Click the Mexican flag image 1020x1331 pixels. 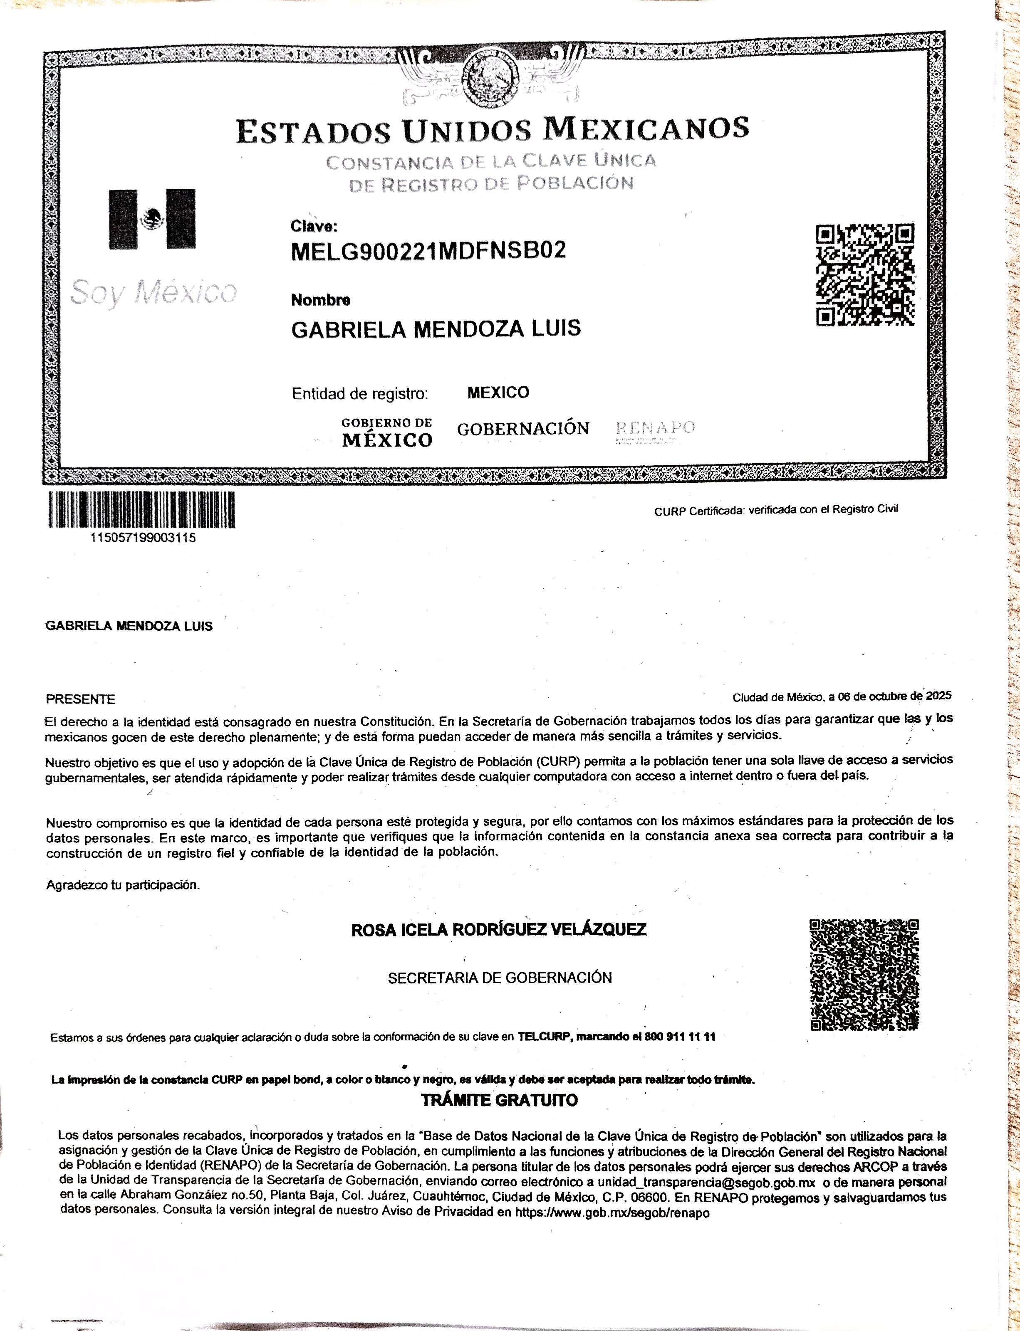[152, 219]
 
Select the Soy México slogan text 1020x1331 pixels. [153, 293]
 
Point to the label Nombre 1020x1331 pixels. [321, 300]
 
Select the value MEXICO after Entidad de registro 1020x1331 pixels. [498, 393]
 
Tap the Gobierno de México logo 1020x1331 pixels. [387, 433]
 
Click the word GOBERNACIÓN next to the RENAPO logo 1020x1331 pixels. [523, 429]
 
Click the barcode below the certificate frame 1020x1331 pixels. [141, 509]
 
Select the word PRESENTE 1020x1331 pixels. [80, 699]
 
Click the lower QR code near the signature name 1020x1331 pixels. [864, 975]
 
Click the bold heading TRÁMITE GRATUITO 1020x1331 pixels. [499, 1100]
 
